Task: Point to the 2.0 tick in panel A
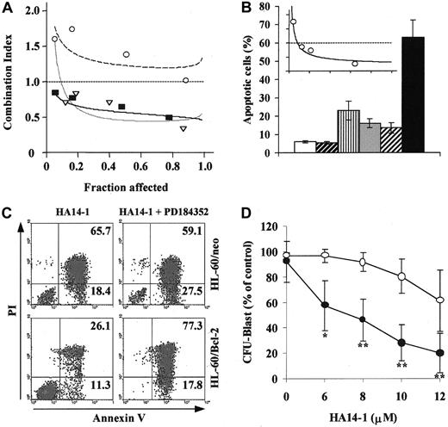[30, 11]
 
